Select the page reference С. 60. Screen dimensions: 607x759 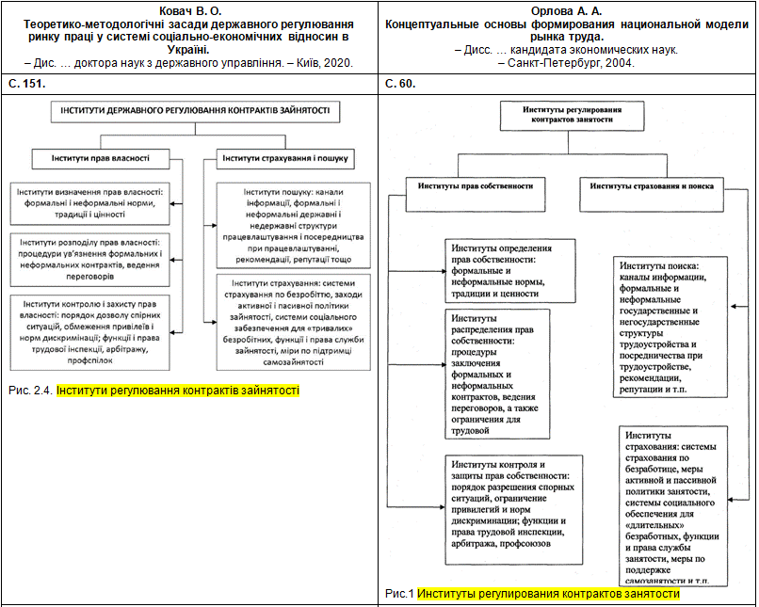pos(400,84)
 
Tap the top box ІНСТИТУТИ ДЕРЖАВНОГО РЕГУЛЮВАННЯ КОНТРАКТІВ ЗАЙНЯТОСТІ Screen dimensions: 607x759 pos(195,110)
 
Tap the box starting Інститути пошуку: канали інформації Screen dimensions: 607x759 pos(292,225)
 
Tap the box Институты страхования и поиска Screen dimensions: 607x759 pos(652,185)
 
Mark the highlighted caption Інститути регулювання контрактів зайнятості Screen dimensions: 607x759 pos(177,389)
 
